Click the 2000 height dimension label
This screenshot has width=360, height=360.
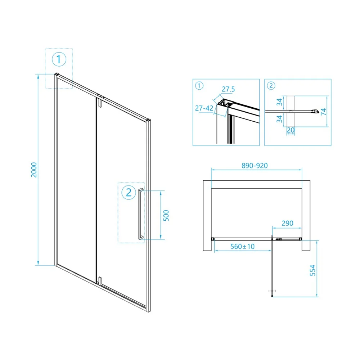pos(34,170)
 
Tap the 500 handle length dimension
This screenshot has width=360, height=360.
pos(166,215)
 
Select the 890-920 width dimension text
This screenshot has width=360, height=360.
pos(255,166)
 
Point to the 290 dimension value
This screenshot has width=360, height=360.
pos(287,223)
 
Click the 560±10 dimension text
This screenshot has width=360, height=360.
pos(242,246)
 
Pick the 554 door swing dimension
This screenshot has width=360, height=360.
pos(312,270)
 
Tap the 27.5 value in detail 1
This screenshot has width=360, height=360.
pos(228,89)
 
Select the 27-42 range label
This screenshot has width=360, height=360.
pos(204,108)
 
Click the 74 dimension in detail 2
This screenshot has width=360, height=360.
pos(323,112)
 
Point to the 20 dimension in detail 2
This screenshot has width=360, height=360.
pos(291,130)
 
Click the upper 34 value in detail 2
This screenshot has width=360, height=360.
pos(279,102)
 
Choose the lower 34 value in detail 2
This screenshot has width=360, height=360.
pos(279,119)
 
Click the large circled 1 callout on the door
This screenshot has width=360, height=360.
pos(59,59)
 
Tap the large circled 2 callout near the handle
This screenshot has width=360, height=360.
pos(129,192)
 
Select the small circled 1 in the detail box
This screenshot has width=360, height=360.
pos(199,86)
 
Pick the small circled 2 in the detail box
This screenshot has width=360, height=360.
pos(271,86)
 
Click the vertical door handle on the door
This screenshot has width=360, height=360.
pos(140,214)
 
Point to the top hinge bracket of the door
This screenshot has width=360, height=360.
pos(100,102)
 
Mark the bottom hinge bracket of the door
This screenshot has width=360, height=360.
pos(100,281)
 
